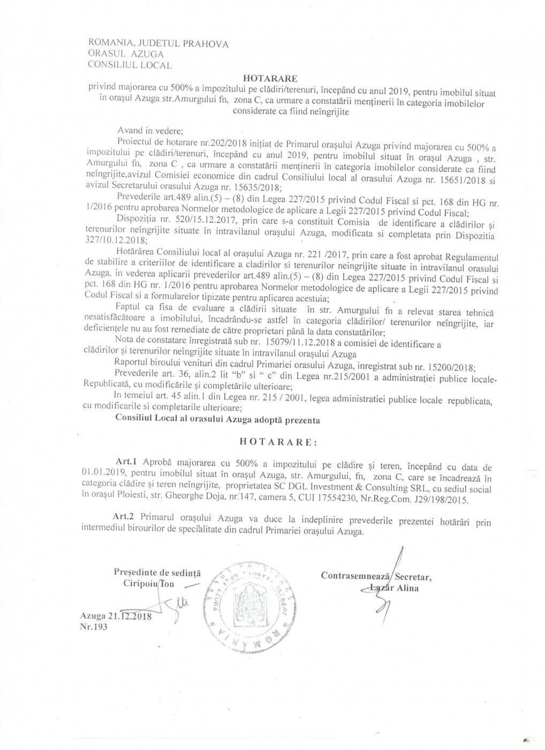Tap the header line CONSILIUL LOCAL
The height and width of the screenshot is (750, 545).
click(130, 65)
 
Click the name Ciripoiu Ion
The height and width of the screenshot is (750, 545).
click(148, 584)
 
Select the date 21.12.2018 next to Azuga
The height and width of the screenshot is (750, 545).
click(129, 617)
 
